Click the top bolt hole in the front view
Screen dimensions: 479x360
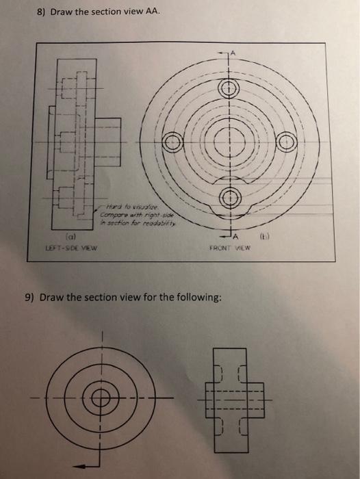pyautogui.click(x=231, y=88)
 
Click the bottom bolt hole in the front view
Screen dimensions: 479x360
pyautogui.click(x=231, y=198)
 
